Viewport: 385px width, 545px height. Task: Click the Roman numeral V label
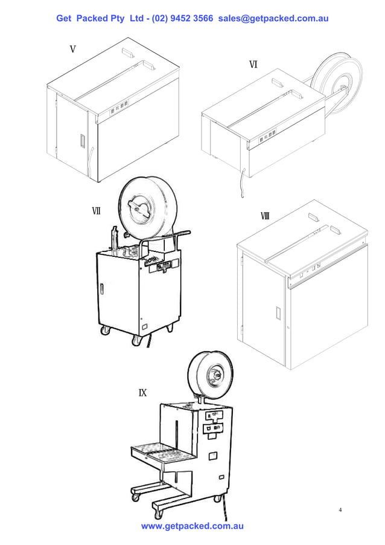pyautogui.click(x=72, y=49)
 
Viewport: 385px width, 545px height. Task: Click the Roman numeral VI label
pyautogui.click(x=253, y=65)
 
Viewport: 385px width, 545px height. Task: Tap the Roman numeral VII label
pyautogui.click(x=96, y=211)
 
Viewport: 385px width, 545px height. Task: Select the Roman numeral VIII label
pyautogui.click(x=265, y=216)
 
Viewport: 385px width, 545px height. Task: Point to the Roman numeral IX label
pyautogui.click(x=143, y=393)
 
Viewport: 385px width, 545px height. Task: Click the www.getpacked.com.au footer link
pyautogui.click(x=192, y=526)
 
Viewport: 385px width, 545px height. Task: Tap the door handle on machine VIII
pyautogui.click(x=278, y=313)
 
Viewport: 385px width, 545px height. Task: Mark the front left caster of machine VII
pyautogui.click(x=106, y=330)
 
